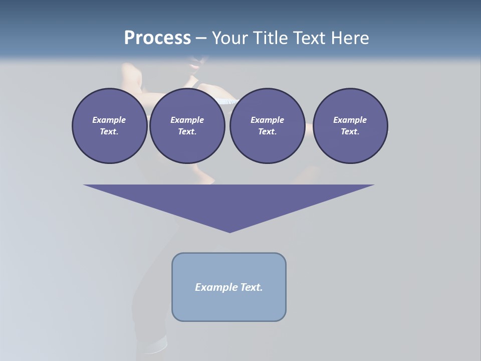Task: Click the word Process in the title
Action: click(157, 38)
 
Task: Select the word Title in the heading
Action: click(273, 38)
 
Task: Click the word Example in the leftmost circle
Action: click(109, 120)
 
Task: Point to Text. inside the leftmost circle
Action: click(109, 132)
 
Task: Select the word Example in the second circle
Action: click(187, 120)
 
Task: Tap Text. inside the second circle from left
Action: click(187, 132)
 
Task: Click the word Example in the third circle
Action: click(267, 120)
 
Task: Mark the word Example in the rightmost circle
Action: click(350, 120)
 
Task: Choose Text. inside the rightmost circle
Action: click(350, 132)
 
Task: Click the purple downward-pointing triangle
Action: click(229, 203)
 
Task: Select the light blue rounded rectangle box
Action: click(229, 306)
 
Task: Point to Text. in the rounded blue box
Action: click(252, 287)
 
